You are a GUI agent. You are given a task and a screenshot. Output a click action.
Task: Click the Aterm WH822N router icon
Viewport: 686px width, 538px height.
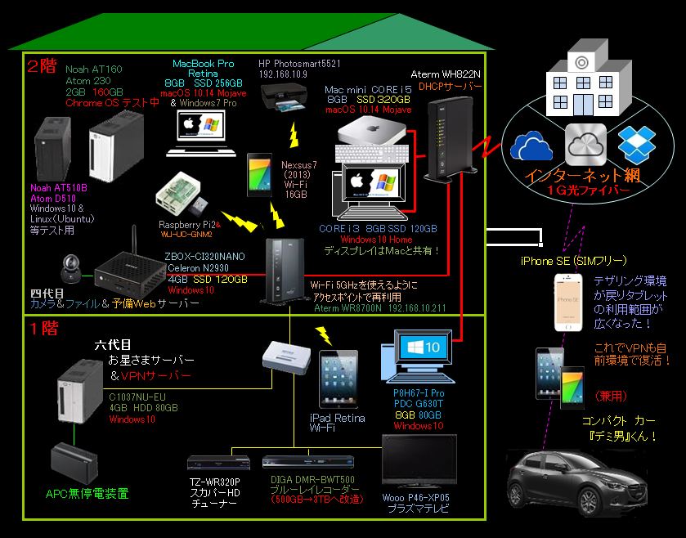click(x=442, y=135)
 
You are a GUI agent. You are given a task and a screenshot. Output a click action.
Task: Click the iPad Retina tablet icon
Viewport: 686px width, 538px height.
click(x=338, y=380)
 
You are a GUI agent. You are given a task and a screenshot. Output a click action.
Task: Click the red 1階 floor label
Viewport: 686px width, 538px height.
click(x=44, y=330)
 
